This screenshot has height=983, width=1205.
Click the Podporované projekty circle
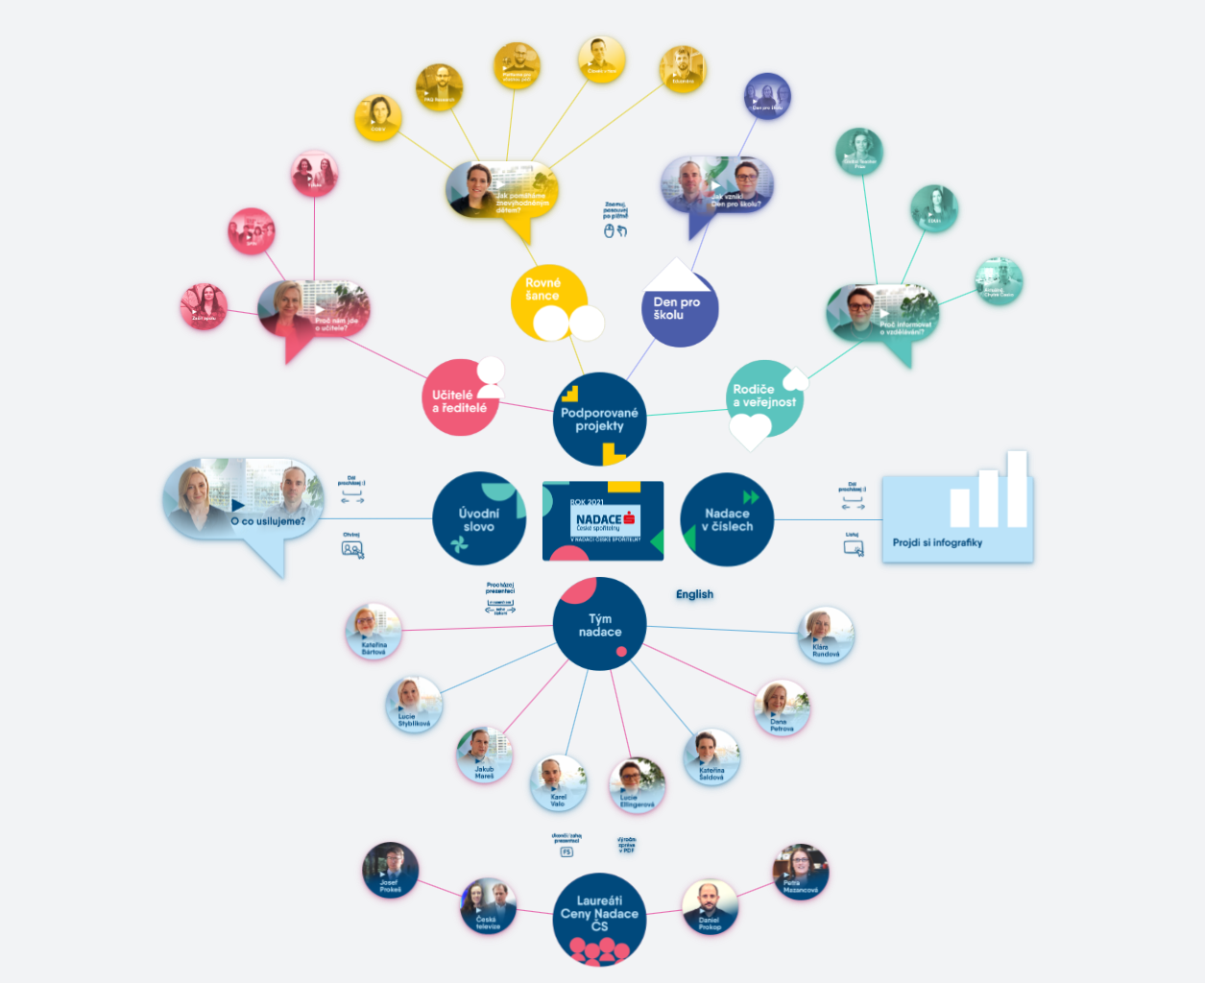pyautogui.click(x=599, y=420)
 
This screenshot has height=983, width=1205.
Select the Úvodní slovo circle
pyautogui.click(x=478, y=518)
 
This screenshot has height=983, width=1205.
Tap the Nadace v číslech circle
pyautogui.click(x=727, y=519)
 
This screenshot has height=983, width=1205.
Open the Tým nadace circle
pyautogui.click(x=599, y=625)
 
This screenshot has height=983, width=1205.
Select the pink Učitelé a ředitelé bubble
pyautogui.click(x=460, y=399)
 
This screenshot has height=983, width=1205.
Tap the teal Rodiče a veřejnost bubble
pyautogui.click(x=763, y=396)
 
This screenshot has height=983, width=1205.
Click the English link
pyautogui.click(x=694, y=594)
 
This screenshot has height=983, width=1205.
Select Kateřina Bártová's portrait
pyautogui.click(x=373, y=631)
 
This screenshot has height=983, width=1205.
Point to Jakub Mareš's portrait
pyautogui.click(x=484, y=755)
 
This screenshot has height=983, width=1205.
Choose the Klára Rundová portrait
pyautogui.click(x=825, y=635)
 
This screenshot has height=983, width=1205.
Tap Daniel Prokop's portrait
pyautogui.click(x=710, y=907)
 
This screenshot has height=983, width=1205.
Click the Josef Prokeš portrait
pyautogui.click(x=390, y=870)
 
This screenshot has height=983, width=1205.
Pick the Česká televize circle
pyautogui.click(x=488, y=906)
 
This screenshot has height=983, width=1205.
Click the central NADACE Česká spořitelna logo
pyautogui.click(x=603, y=520)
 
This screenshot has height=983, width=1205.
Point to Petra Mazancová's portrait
pyautogui.click(x=800, y=872)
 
